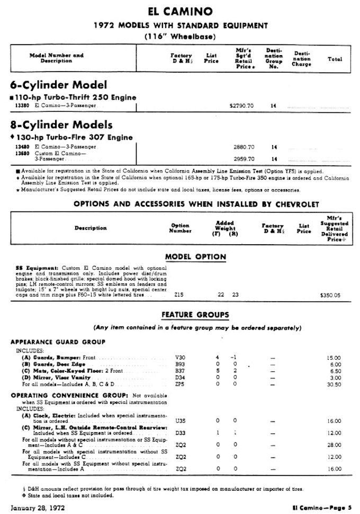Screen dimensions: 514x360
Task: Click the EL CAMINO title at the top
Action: [180, 11]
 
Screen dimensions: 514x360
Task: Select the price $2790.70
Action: [241, 106]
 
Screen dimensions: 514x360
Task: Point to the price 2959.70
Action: [244, 158]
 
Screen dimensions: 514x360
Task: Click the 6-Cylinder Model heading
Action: [58, 85]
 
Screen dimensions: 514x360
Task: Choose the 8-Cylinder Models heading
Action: [61, 125]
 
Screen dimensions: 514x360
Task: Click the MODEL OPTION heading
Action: [195, 257]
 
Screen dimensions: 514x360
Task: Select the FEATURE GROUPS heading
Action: [195, 315]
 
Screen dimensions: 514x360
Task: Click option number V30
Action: [180, 358]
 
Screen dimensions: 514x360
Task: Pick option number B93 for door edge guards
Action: [180, 365]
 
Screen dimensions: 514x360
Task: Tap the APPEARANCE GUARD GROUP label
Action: [58, 342]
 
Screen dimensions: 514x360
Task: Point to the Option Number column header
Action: [180, 228]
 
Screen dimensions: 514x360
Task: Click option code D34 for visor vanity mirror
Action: [180, 377]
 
